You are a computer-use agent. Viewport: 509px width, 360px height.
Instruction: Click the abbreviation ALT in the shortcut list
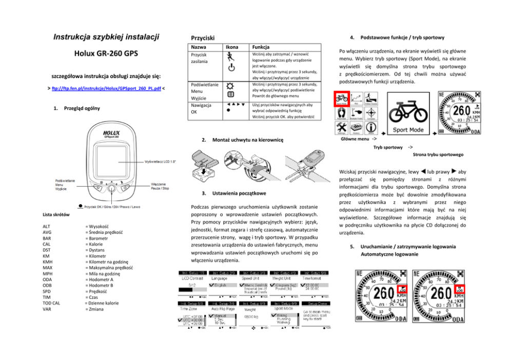[47, 226]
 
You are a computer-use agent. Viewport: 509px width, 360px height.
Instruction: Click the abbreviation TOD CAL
[52, 303]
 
